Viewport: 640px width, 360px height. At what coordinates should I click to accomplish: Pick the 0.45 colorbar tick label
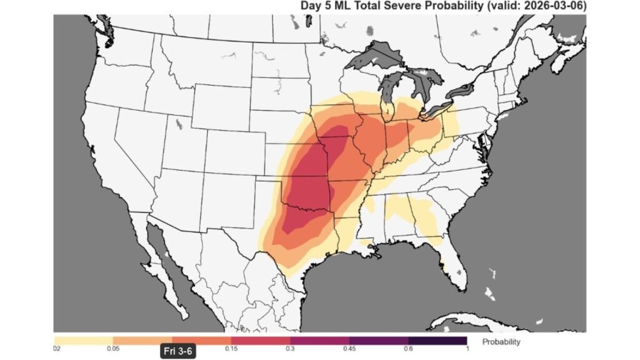tap(349, 347)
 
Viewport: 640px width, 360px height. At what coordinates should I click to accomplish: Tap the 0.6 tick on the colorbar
tap(407, 347)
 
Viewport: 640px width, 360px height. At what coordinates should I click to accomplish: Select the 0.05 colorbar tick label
tap(113, 347)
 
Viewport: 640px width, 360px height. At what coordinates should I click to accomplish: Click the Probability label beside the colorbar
tap(501, 342)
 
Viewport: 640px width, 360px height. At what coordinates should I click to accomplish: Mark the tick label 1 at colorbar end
tap(466, 347)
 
